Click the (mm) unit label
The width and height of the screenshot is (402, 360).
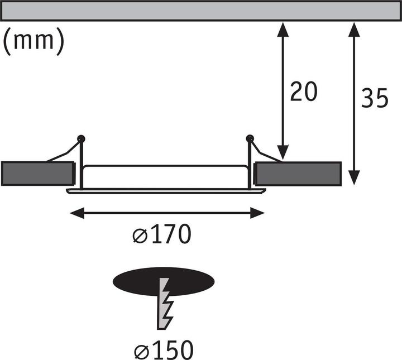pyautogui.click(x=33, y=41)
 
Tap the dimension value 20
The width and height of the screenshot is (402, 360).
pyautogui.click(x=304, y=92)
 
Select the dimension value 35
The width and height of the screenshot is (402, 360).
pyautogui.click(x=375, y=98)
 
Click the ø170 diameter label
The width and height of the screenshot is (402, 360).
pyautogui.click(x=162, y=234)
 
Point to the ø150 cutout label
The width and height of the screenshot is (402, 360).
pyautogui.click(x=164, y=350)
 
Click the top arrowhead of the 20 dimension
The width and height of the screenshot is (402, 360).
pyautogui.click(x=283, y=29)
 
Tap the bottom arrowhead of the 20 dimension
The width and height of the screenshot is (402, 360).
pyautogui.click(x=283, y=152)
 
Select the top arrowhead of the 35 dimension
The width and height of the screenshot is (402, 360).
pyautogui.click(x=354, y=29)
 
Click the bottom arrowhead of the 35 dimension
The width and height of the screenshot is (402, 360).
pyautogui.click(x=354, y=177)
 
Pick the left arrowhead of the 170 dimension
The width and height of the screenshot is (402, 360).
pyautogui.click(x=77, y=213)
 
